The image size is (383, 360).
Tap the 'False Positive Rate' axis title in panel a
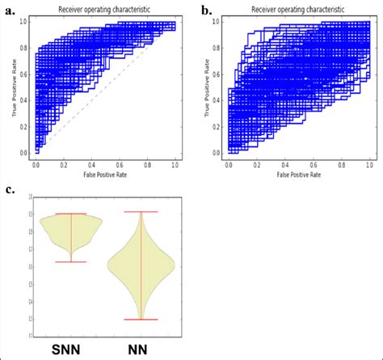(x=105, y=175)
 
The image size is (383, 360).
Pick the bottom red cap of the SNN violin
(x=72, y=261)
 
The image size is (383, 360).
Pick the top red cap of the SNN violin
(x=72, y=214)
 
